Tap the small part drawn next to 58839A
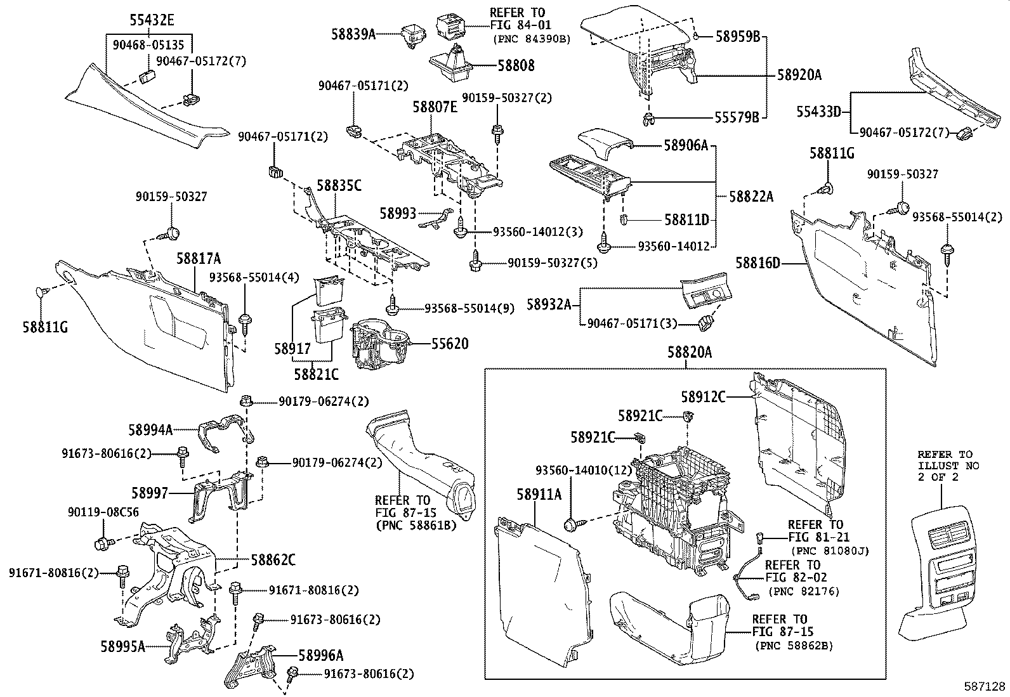click(x=412, y=36)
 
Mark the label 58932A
click(x=549, y=304)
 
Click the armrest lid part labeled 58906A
click(x=604, y=142)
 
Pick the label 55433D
click(x=818, y=112)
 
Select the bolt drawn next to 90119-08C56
click(x=103, y=543)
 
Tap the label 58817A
click(x=199, y=258)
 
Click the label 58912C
click(x=703, y=397)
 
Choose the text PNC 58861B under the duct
click(x=416, y=525)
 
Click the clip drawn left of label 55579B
click(x=647, y=117)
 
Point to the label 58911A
click(x=541, y=495)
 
